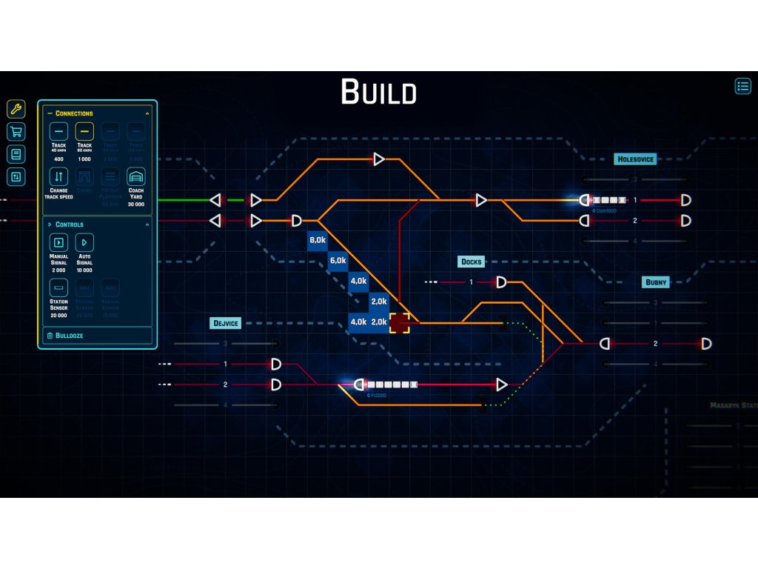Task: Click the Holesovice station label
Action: tap(636, 159)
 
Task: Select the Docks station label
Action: tap(471, 262)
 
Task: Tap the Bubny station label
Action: tap(656, 282)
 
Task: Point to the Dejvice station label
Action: tap(226, 323)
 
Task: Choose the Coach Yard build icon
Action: tap(135, 177)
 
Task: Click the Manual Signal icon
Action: tap(58, 242)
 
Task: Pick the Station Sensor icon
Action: tap(58, 287)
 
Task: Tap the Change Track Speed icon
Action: tap(58, 177)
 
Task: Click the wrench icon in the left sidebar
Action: tap(16, 109)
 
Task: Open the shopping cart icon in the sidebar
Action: tap(16, 132)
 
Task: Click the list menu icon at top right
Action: tap(742, 86)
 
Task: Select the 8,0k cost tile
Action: tap(318, 240)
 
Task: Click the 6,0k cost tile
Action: tap(338, 261)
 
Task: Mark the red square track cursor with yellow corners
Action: tap(400, 322)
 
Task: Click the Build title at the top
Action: tap(378, 93)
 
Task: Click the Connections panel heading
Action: tap(74, 113)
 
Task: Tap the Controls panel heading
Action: tap(69, 224)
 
